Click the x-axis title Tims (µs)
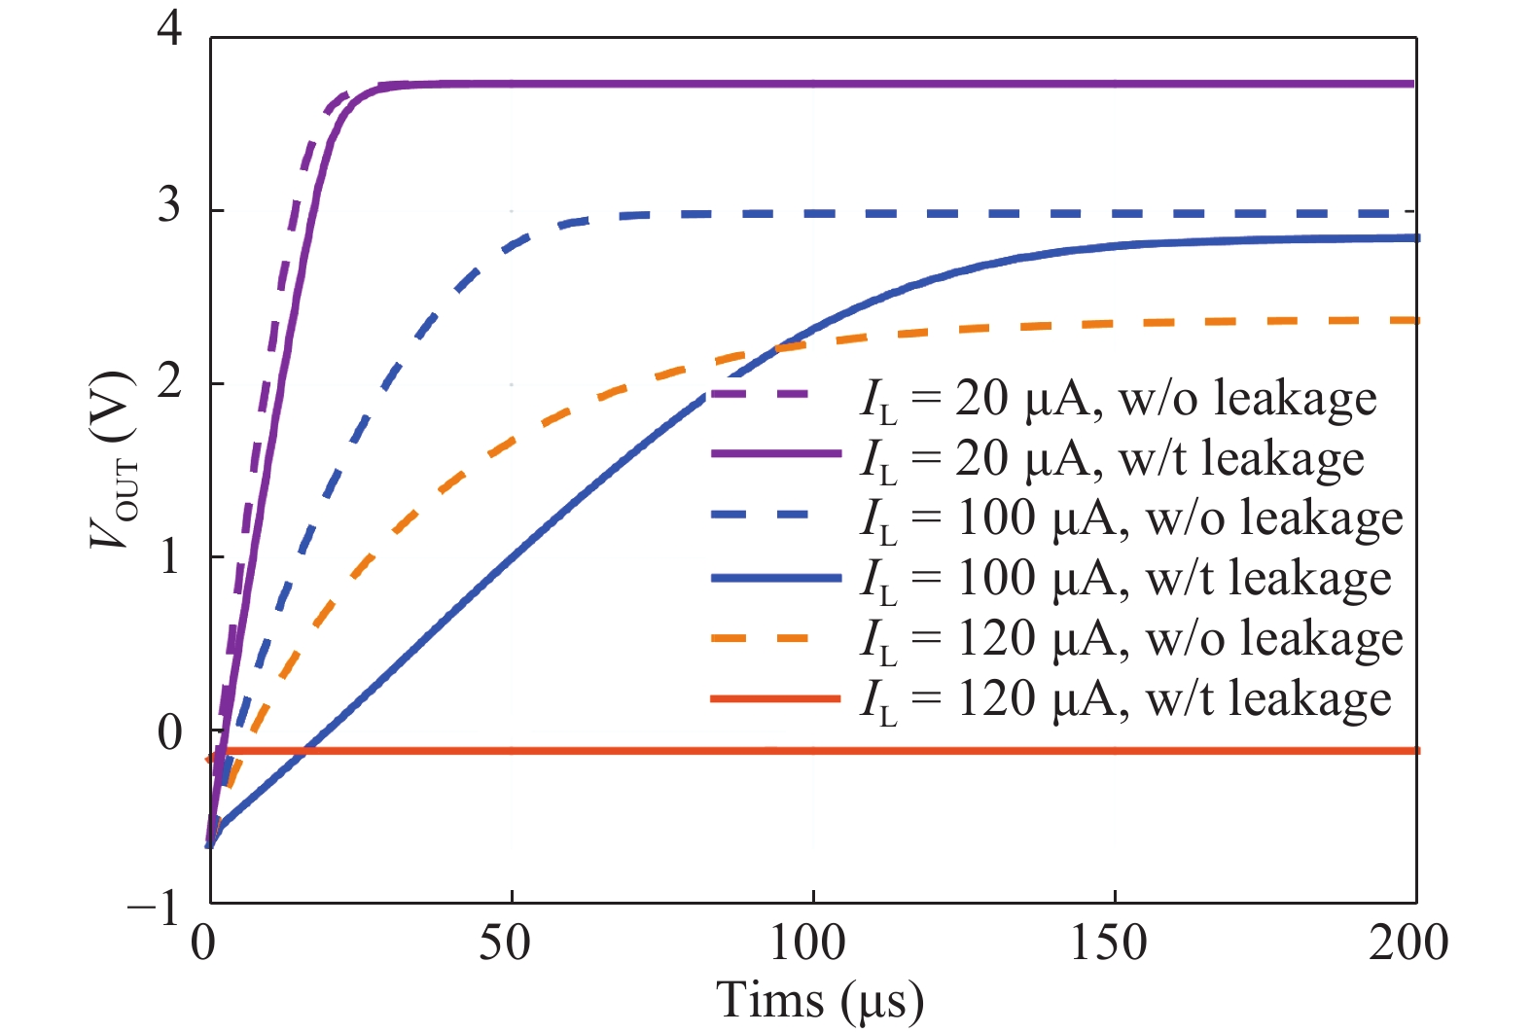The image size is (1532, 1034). [819, 1001]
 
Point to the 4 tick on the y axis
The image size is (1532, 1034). [169, 31]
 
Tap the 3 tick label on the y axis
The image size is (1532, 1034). [169, 205]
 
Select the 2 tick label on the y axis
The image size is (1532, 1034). [169, 380]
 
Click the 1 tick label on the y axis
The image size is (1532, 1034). [169, 556]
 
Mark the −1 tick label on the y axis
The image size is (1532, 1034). [156, 908]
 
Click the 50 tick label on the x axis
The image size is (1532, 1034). [505, 943]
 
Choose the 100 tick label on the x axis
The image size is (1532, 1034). [807, 943]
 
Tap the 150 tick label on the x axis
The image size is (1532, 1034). [1109, 943]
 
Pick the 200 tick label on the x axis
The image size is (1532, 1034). [1408, 943]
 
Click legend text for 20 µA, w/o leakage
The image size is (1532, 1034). [1118, 400]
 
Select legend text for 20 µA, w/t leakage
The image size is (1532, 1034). [1111, 459]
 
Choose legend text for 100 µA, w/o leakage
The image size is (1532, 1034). [1131, 519]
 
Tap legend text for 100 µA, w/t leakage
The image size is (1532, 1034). [1125, 580]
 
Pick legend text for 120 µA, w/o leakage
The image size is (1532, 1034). [1131, 640]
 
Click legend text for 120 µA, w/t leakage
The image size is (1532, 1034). [1125, 700]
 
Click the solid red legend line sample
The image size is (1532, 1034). [775, 698]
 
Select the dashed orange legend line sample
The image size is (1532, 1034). [775, 638]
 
